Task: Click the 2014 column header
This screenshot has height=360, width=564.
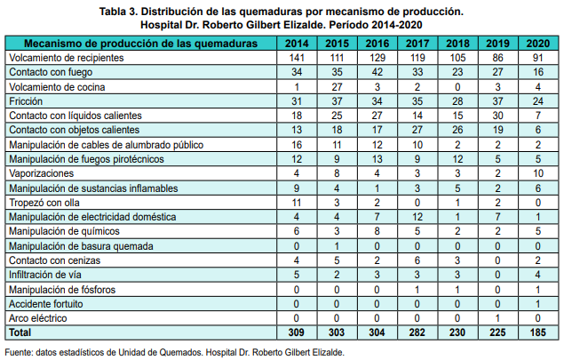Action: pyautogui.click(x=297, y=43)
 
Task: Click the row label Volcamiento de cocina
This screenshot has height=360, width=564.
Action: pyautogui.click(x=57, y=87)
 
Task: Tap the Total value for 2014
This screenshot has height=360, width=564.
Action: pyautogui.click(x=297, y=332)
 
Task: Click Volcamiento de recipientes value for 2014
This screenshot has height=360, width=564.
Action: pyautogui.click(x=297, y=58)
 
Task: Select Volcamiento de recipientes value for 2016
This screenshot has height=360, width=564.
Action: pyautogui.click(x=377, y=58)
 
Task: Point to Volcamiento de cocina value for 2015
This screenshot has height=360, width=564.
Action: pyautogui.click(x=337, y=87)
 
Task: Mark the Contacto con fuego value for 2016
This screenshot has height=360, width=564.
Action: pyautogui.click(x=377, y=72)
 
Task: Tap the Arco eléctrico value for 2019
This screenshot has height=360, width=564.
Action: pyautogui.click(x=499, y=317)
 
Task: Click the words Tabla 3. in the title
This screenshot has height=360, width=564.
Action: pyautogui.click(x=125, y=12)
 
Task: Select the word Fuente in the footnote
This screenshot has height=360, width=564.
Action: pyautogui.click(x=20, y=351)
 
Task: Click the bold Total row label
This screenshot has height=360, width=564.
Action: pyautogui.click(x=20, y=332)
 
